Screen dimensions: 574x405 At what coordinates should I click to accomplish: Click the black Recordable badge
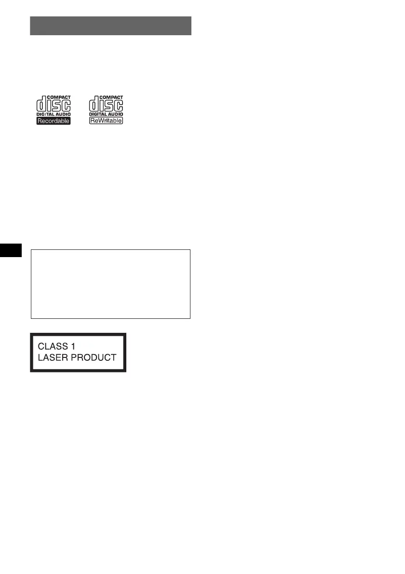coord(54,121)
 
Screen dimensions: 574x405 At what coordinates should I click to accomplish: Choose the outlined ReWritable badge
coord(106,121)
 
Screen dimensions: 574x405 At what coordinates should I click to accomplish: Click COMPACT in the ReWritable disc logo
coord(112,97)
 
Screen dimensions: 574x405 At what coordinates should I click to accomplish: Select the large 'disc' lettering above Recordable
coord(54,105)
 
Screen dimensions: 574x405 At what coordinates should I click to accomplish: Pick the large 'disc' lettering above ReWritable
coord(106,105)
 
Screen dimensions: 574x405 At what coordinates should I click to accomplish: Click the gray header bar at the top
coord(111,26)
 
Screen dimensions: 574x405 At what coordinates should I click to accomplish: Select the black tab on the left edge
coord(11,250)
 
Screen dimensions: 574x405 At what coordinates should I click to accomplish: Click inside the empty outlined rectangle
coord(111,284)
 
